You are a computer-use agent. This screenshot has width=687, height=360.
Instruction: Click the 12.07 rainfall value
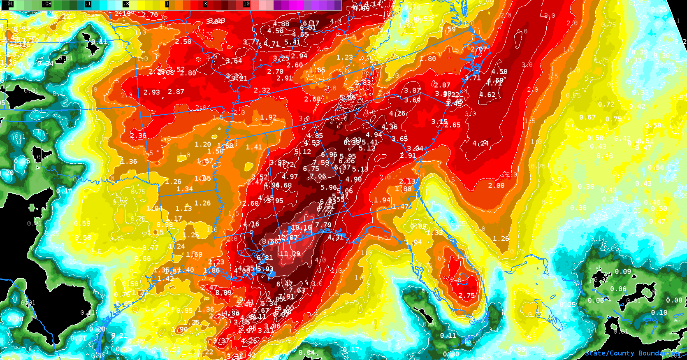[288, 238]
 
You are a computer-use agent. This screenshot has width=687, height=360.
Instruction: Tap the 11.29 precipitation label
[290, 254]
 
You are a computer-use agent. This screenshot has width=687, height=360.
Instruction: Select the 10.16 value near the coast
[301, 228]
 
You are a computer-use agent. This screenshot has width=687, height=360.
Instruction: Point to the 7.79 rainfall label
[323, 225]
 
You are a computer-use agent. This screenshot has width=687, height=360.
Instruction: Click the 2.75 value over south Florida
[467, 295]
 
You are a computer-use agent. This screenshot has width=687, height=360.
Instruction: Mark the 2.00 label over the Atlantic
[496, 186]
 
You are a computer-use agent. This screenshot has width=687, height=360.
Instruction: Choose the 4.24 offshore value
[480, 143]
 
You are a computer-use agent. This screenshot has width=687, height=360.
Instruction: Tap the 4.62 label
[487, 95]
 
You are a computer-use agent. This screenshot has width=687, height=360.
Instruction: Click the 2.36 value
[138, 135]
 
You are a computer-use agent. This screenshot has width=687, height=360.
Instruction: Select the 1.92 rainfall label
[268, 117]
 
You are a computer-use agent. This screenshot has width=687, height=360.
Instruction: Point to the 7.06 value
[318, 176]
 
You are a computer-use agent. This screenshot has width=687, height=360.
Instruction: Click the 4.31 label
[335, 237]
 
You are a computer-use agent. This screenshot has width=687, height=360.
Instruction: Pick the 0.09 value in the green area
[623, 272]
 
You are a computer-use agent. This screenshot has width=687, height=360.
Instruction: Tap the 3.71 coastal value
[473, 78]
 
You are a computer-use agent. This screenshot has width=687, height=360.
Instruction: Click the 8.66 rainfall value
[270, 242]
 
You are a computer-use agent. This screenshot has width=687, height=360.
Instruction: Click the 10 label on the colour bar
[246, 4]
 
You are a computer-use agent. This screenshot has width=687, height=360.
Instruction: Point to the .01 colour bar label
[10, 4]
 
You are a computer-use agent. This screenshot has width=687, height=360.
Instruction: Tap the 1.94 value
[382, 200]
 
